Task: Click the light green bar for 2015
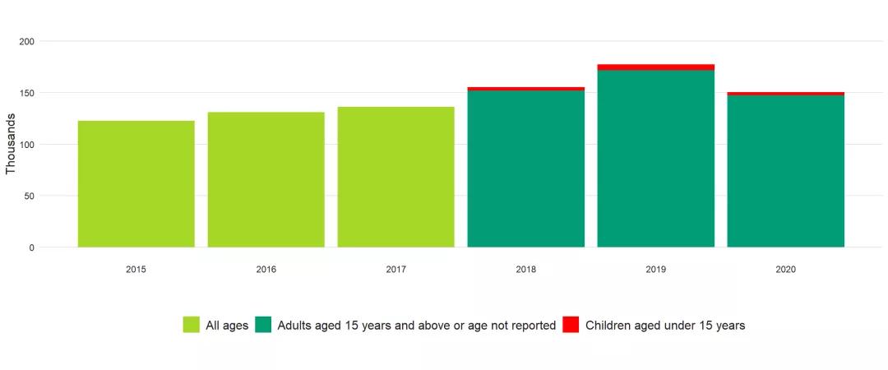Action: point(136,184)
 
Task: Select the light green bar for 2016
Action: point(266,179)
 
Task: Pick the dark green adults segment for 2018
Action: point(525,169)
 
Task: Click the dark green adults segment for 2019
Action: point(655,159)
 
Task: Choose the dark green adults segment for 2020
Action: point(785,171)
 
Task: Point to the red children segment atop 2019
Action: point(655,67)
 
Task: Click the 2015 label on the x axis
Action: point(136,270)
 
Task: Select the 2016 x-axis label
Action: point(266,270)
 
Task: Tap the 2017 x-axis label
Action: point(395,270)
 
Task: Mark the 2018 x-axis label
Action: point(525,270)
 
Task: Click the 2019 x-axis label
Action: point(655,270)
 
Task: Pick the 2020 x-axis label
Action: point(785,270)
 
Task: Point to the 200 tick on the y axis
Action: point(26,42)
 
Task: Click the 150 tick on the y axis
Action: point(26,93)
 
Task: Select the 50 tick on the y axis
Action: point(29,196)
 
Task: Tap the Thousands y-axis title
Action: point(11,144)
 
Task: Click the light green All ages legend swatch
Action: point(191,325)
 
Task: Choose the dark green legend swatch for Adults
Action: point(263,325)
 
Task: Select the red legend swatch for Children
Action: point(571,325)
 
